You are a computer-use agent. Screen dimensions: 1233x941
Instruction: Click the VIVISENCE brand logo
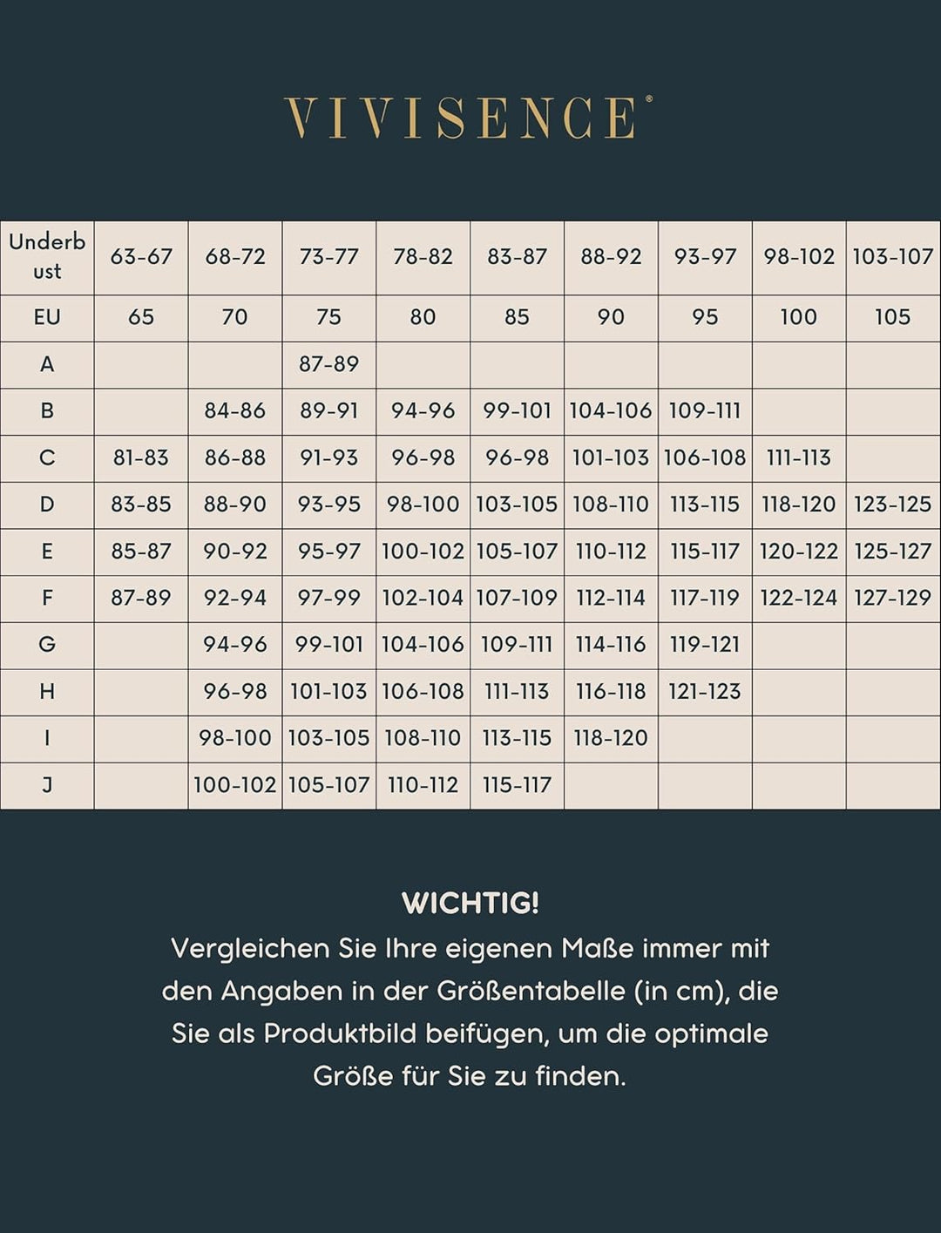pyautogui.click(x=468, y=118)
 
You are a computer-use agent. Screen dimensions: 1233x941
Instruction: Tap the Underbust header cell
pyautogui.click(x=47, y=257)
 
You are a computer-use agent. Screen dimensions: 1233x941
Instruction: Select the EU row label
pyautogui.click(x=47, y=317)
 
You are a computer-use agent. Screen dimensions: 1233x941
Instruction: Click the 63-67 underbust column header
pyautogui.click(x=141, y=257)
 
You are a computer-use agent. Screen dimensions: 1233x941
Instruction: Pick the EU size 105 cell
pyautogui.click(x=892, y=317)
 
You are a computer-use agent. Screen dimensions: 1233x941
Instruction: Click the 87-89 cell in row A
pyautogui.click(x=328, y=364)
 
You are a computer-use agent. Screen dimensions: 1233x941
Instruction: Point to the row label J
pyautogui.click(x=47, y=785)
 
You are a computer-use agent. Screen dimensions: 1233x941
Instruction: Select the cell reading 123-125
pyautogui.click(x=892, y=505)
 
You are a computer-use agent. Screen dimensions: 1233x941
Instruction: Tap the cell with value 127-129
pyautogui.click(x=892, y=598)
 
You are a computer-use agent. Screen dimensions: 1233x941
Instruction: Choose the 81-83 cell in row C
pyautogui.click(x=141, y=457)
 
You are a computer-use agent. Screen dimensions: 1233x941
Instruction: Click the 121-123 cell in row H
pyautogui.click(x=704, y=692)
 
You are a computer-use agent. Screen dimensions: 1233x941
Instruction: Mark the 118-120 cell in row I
pyautogui.click(x=610, y=738)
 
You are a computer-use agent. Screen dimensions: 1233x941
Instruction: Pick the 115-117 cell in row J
pyautogui.click(x=517, y=785)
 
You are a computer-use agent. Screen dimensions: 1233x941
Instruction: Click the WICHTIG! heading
pyautogui.click(x=470, y=904)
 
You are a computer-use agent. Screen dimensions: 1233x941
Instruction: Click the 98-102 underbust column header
pyautogui.click(x=798, y=257)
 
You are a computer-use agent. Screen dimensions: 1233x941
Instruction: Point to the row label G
pyautogui.click(x=47, y=645)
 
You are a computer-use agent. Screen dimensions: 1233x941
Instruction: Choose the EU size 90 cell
pyautogui.click(x=610, y=317)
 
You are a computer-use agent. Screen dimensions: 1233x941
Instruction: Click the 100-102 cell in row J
pyautogui.click(x=234, y=785)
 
